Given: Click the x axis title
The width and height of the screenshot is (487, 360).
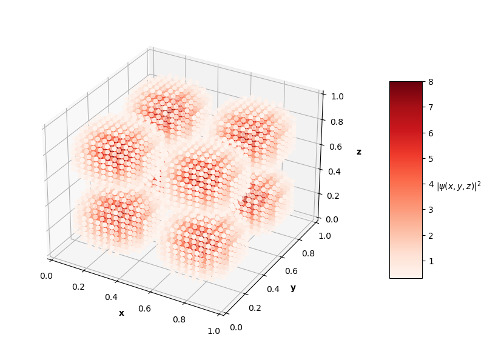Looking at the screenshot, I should pyautogui.click(x=121, y=313).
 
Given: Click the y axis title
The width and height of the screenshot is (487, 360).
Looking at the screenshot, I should pyautogui.click(x=293, y=287).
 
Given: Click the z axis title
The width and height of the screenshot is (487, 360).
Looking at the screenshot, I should pyautogui.click(x=358, y=152).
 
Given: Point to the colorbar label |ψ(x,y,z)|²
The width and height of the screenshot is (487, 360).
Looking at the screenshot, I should pyautogui.click(x=458, y=186).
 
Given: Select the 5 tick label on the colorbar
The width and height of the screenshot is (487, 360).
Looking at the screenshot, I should pyautogui.click(x=429, y=158).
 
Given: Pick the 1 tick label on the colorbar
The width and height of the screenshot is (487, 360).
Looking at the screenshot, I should pyautogui.click(x=429, y=261).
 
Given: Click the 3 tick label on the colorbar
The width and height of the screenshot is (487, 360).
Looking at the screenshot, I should pyautogui.click(x=429, y=210).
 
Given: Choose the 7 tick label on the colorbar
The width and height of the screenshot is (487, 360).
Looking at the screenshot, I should pyautogui.click(x=429, y=107).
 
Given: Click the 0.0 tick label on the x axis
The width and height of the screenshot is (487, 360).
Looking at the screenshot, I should pyautogui.click(x=46, y=276).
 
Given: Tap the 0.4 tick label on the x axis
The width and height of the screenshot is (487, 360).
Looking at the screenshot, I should pyautogui.click(x=111, y=298).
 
